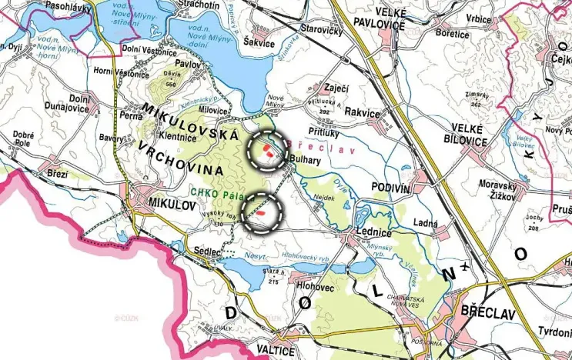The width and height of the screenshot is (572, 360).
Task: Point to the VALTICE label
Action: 273,351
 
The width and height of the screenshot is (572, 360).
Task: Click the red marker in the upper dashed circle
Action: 266,147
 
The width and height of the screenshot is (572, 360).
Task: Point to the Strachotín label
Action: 199,5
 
